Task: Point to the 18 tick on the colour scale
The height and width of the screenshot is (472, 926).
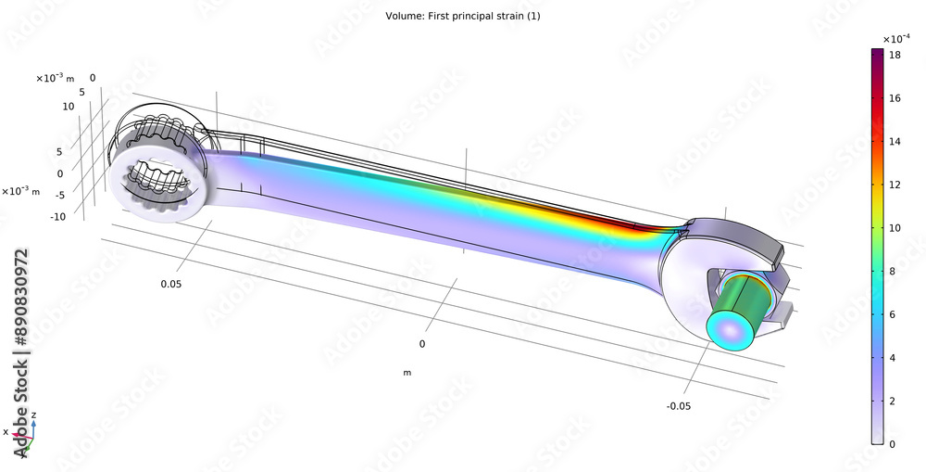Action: pyautogui.click(x=895, y=55)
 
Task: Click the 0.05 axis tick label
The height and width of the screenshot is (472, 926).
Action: pyautogui.click(x=170, y=284)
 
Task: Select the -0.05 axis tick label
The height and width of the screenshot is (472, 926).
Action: pyautogui.click(x=679, y=405)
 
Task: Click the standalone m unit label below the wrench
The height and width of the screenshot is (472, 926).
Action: pyautogui.click(x=407, y=373)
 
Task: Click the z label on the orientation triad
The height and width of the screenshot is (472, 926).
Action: pyautogui.click(x=34, y=415)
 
